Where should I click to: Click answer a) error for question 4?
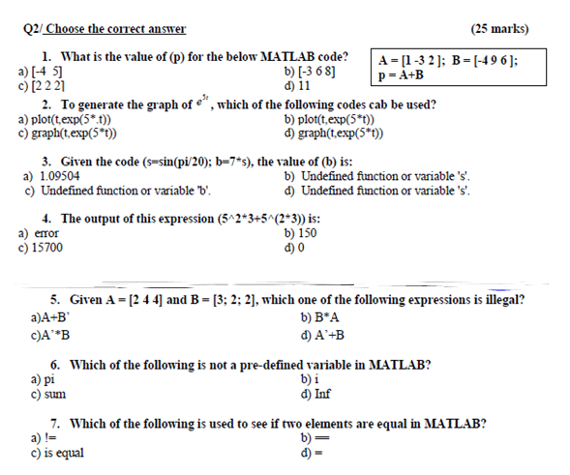pos(38,233)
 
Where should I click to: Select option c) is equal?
pos(56,453)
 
